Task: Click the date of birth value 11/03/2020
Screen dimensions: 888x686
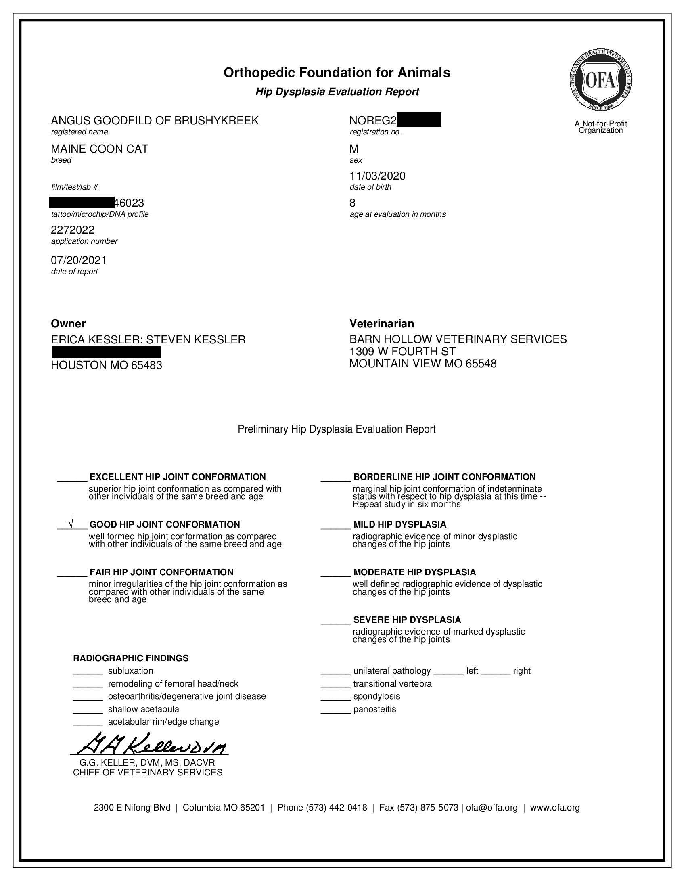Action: (x=377, y=176)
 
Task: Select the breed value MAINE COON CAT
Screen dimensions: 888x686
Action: (x=99, y=149)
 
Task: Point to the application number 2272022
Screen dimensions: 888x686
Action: (x=72, y=230)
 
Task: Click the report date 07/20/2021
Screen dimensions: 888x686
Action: (x=78, y=260)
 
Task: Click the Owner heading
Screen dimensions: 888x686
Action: (x=68, y=324)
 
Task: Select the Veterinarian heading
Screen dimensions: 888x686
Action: (x=382, y=324)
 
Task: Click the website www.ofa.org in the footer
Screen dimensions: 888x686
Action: (x=555, y=808)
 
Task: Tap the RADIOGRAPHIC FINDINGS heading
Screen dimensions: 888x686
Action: (x=130, y=658)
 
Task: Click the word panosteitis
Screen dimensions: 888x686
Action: (x=374, y=709)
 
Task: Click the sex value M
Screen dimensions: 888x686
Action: (x=354, y=149)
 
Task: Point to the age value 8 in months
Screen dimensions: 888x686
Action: (x=352, y=203)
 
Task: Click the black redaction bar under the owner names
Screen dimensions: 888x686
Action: (x=106, y=352)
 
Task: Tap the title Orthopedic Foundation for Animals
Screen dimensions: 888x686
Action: (x=337, y=73)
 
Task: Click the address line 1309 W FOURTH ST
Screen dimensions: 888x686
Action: (x=402, y=351)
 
